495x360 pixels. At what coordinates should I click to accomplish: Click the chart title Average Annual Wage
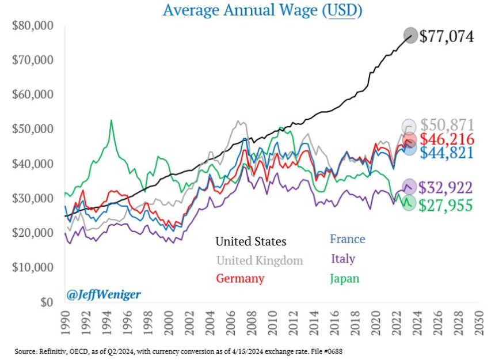coord(262,10)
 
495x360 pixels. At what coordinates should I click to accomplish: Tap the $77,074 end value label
coord(447,36)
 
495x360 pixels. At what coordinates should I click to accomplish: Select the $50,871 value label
coord(447,125)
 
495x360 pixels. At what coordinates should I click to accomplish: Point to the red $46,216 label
coord(447,139)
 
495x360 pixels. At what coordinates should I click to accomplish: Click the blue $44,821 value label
coord(447,152)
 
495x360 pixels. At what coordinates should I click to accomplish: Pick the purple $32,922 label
coord(445,187)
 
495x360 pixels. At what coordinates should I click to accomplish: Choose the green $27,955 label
coord(445,205)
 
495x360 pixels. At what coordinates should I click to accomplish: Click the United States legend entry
coord(250,241)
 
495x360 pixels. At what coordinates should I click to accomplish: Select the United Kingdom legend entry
coord(260,260)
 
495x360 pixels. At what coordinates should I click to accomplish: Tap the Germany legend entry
coord(240,279)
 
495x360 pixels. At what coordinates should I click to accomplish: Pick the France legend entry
coord(347,238)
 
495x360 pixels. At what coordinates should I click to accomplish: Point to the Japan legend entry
coord(344,279)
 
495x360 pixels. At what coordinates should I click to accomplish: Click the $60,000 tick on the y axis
coord(32,94)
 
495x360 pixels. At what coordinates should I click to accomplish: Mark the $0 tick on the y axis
coord(46,302)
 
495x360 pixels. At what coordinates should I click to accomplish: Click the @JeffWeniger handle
coord(103,294)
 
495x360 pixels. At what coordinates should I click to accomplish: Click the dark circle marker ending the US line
coord(410,35)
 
